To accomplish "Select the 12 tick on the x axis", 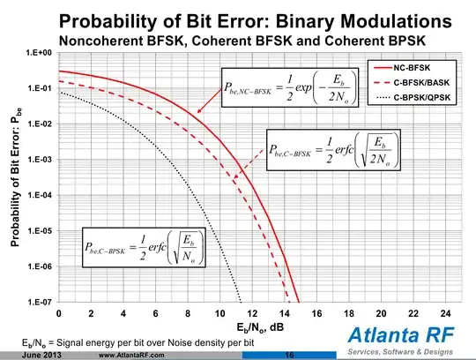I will tap(251, 313).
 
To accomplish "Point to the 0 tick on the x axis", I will tap(59, 313).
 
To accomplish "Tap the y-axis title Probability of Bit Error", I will tap(15, 176).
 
